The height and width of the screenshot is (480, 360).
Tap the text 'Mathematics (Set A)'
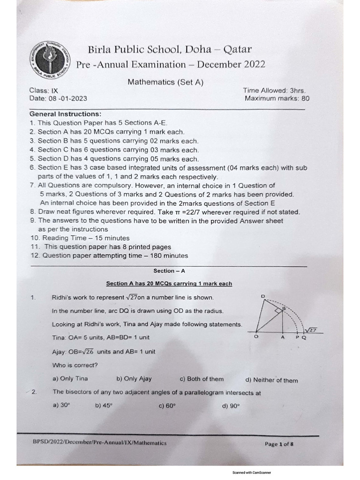pyautogui.click(x=166, y=82)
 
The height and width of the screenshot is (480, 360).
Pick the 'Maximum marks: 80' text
pyautogui.click(x=277, y=98)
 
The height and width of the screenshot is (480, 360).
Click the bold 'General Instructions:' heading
pyautogui.click(x=65, y=114)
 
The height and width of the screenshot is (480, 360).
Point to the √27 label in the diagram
pyautogui.click(x=313, y=330)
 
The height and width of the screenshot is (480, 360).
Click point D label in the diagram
pyautogui.click(x=263, y=296)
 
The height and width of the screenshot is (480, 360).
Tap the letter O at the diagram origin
pyautogui.click(x=256, y=337)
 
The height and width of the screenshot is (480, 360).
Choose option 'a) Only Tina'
pyautogui.click(x=70, y=379)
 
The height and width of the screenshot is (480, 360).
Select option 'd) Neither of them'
pyautogui.click(x=271, y=380)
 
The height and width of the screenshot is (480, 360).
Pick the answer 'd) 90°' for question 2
pyautogui.click(x=231, y=406)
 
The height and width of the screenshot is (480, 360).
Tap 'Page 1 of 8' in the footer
pyautogui.click(x=279, y=444)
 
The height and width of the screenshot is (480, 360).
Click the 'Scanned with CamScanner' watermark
pyautogui.click(x=252, y=473)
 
